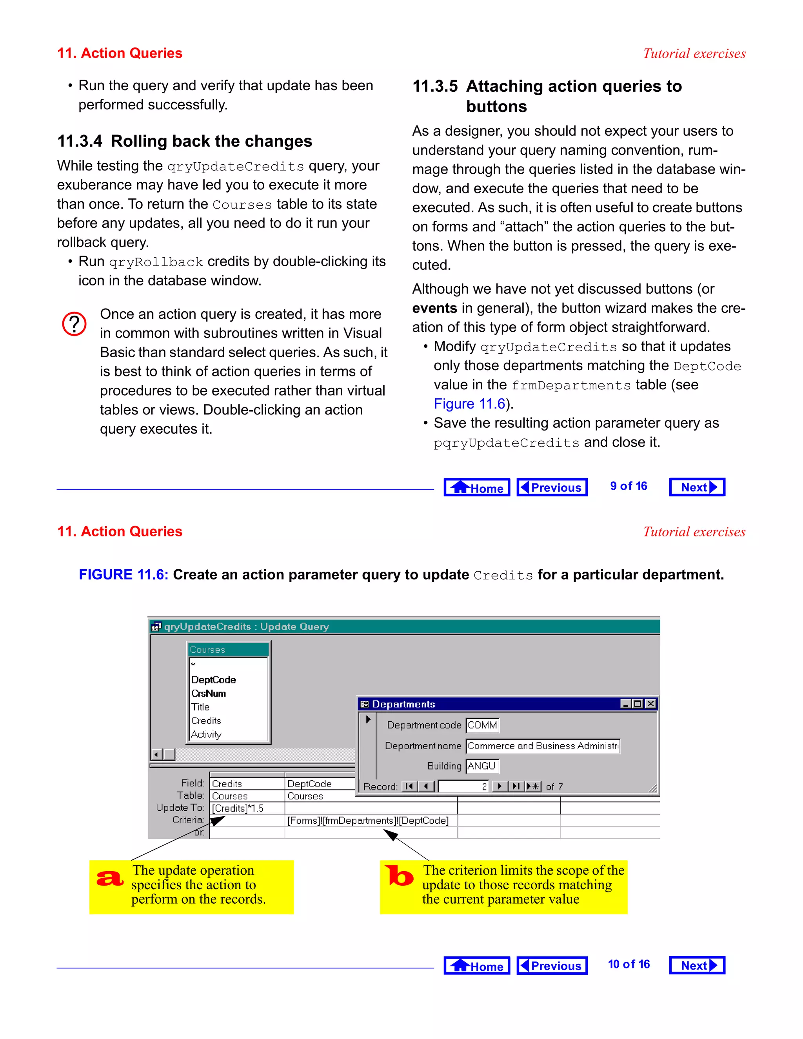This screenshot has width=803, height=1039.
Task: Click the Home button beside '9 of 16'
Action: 477,487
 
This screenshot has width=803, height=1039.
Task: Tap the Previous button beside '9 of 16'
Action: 552,487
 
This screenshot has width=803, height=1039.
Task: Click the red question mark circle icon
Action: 74,324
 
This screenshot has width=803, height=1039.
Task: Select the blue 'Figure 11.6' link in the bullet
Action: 469,404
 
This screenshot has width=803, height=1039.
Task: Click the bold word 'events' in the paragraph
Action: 434,308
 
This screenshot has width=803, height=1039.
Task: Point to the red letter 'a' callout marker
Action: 110,878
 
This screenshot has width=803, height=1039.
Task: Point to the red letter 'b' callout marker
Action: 399,876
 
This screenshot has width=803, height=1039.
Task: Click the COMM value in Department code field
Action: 482,725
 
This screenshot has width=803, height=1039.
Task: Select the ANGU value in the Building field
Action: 482,766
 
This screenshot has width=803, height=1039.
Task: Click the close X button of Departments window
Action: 651,704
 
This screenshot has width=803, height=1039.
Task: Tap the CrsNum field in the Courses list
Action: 208,693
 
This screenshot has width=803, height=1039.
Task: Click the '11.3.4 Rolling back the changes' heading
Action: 185,141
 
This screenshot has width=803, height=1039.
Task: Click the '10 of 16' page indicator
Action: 629,965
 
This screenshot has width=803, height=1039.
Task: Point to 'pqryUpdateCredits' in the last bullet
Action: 506,443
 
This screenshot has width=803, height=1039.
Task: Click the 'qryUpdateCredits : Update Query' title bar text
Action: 246,627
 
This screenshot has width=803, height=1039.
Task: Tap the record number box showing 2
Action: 463,787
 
